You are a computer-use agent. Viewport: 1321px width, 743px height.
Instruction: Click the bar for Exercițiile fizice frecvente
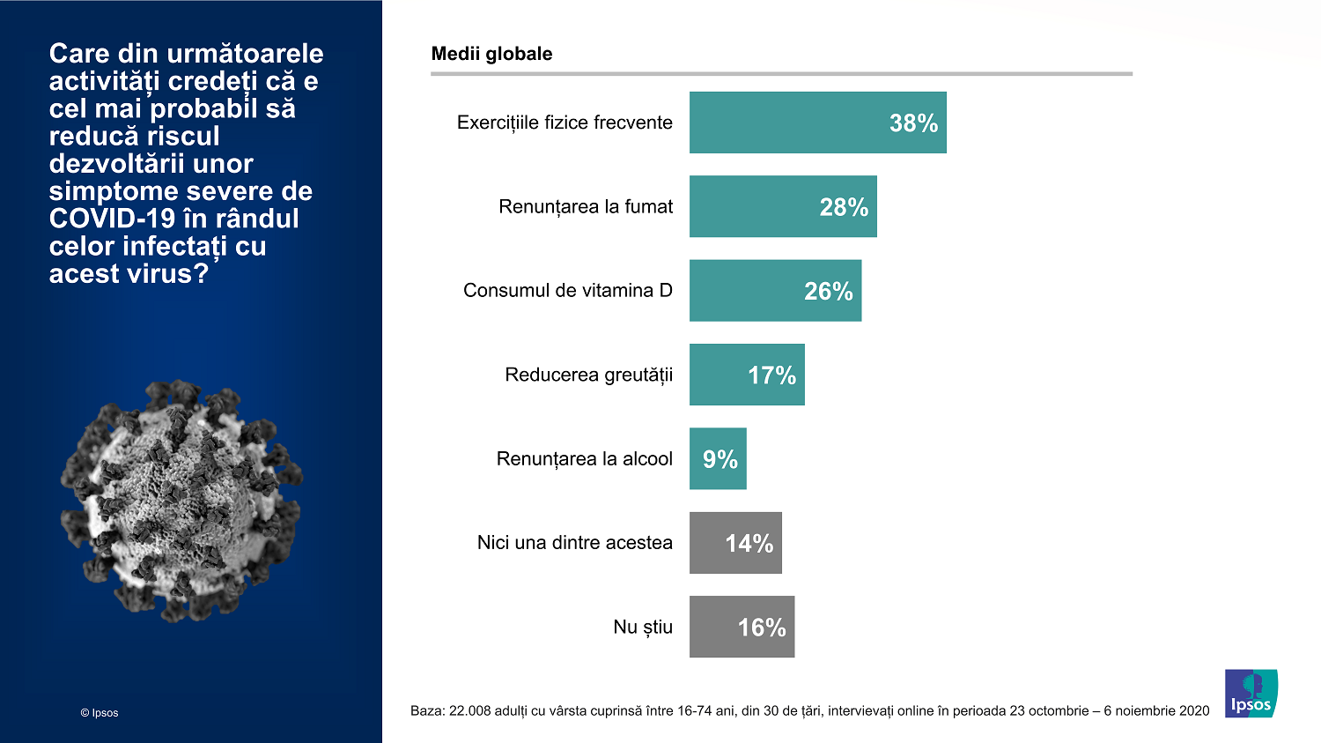coord(817,123)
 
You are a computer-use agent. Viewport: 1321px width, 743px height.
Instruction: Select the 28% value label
coord(844,207)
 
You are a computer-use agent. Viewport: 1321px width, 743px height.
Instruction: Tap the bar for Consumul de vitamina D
coord(775,291)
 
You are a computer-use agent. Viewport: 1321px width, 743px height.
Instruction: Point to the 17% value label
coord(771,375)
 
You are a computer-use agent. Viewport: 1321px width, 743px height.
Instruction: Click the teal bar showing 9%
coord(718,459)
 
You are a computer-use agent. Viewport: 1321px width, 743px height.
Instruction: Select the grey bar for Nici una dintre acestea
coord(735,543)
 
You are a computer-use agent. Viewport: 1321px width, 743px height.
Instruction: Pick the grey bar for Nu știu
coord(742,627)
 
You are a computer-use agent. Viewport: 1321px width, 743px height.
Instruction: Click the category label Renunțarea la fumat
coord(586,207)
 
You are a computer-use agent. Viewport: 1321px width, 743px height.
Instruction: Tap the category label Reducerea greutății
coord(588,375)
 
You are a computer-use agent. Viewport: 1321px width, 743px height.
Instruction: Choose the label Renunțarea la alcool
coord(584,459)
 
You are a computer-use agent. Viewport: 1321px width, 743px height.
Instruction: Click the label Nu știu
coord(643,628)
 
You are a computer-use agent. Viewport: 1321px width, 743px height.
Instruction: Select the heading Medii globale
coord(491,54)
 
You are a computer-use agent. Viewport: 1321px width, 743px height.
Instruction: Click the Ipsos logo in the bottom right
coord(1251,694)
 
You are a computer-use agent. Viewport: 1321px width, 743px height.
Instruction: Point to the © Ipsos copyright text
coord(100,713)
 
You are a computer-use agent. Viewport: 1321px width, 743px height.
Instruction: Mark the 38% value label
coord(913,123)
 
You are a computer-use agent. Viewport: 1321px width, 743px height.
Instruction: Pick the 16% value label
coord(762,628)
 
